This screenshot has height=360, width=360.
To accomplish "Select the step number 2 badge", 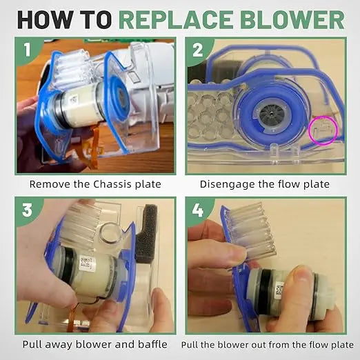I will tap(198, 50).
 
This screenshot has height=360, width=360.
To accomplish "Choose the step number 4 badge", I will tap(198, 209).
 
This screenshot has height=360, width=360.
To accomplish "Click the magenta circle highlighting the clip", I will tap(323, 130).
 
